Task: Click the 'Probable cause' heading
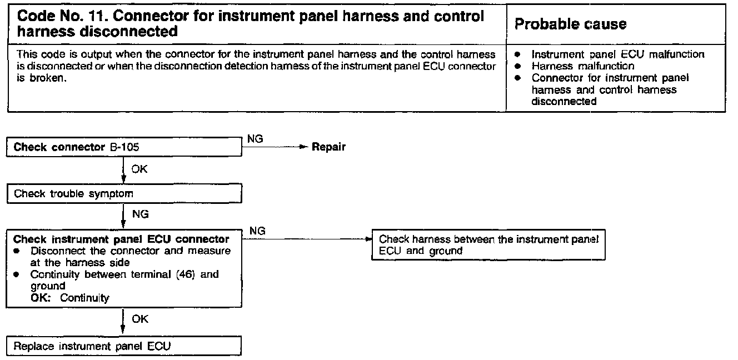(x=570, y=24)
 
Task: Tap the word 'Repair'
(x=328, y=147)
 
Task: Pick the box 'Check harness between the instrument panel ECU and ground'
(x=488, y=245)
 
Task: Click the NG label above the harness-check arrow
(x=257, y=230)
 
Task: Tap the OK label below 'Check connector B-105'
(x=139, y=169)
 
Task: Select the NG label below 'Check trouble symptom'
(x=140, y=214)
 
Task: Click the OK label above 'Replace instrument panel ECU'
(x=140, y=319)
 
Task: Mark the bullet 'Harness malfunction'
(x=582, y=66)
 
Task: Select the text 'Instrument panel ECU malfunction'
(x=617, y=54)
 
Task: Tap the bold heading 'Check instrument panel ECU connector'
(x=121, y=239)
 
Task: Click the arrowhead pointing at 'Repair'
(x=303, y=147)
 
